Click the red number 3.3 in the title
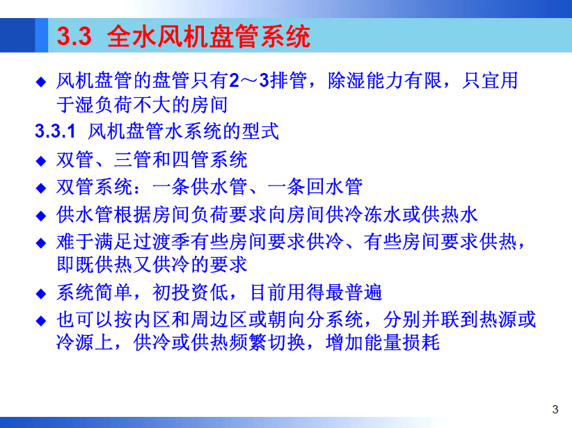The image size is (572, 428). coord(74,36)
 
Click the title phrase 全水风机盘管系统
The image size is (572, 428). coord(209,36)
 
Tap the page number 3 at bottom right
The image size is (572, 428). coord(555,409)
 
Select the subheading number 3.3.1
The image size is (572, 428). coord(55,131)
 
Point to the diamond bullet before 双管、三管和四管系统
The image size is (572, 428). coord(41,160)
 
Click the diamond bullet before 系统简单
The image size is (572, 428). coord(41,294)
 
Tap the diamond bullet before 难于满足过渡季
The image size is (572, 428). coord(41,243)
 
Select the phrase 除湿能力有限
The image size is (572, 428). coord(385,81)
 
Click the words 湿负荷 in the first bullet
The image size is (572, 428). coord(104,105)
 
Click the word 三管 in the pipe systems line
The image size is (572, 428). coord(133,160)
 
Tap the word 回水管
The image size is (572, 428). coord(334,187)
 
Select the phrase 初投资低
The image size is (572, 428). coord(190,293)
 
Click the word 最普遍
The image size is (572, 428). coord(353,293)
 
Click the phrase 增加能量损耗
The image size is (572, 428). coord(383,343)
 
